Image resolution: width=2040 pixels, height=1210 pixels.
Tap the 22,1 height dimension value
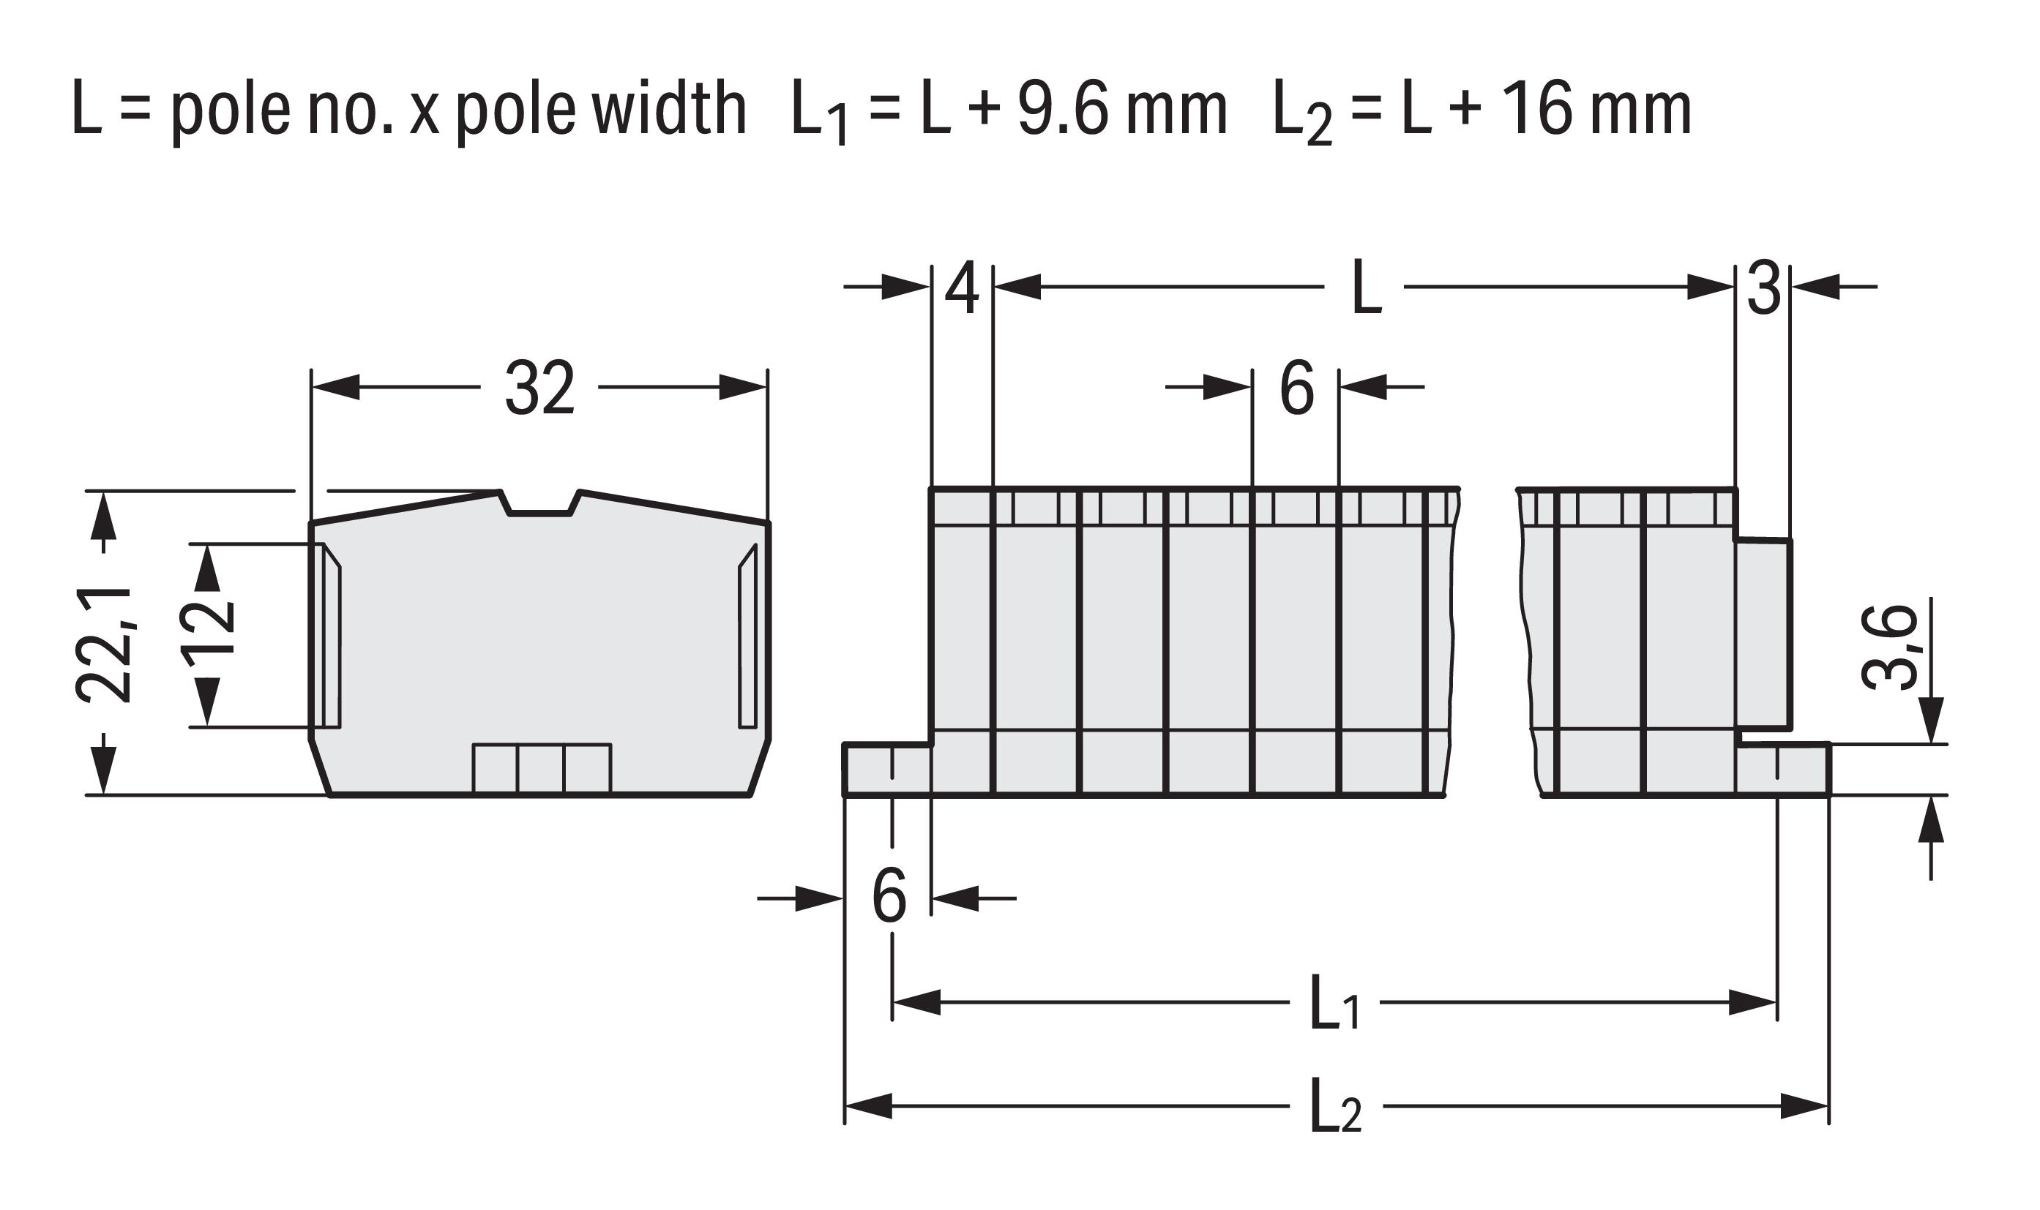click(x=105, y=644)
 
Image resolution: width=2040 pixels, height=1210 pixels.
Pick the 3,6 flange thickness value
click(x=1889, y=647)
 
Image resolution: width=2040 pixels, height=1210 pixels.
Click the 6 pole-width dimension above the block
click(x=1297, y=388)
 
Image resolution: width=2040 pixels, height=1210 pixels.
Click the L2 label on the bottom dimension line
click(x=1336, y=1105)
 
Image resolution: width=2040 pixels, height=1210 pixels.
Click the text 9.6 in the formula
click(x=1063, y=109)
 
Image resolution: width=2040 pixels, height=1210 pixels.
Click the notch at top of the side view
click(x=539, y=503)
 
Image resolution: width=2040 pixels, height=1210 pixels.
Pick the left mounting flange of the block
click(x=887, y=769)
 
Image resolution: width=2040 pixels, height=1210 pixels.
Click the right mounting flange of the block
click(x=1784, y=769)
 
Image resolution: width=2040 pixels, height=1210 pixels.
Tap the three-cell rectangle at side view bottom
click(x=542, y=768)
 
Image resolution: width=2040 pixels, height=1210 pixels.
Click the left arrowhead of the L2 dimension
click(x=868, y=1106)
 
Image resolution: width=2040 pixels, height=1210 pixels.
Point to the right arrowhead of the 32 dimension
click(x=742, y=387)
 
